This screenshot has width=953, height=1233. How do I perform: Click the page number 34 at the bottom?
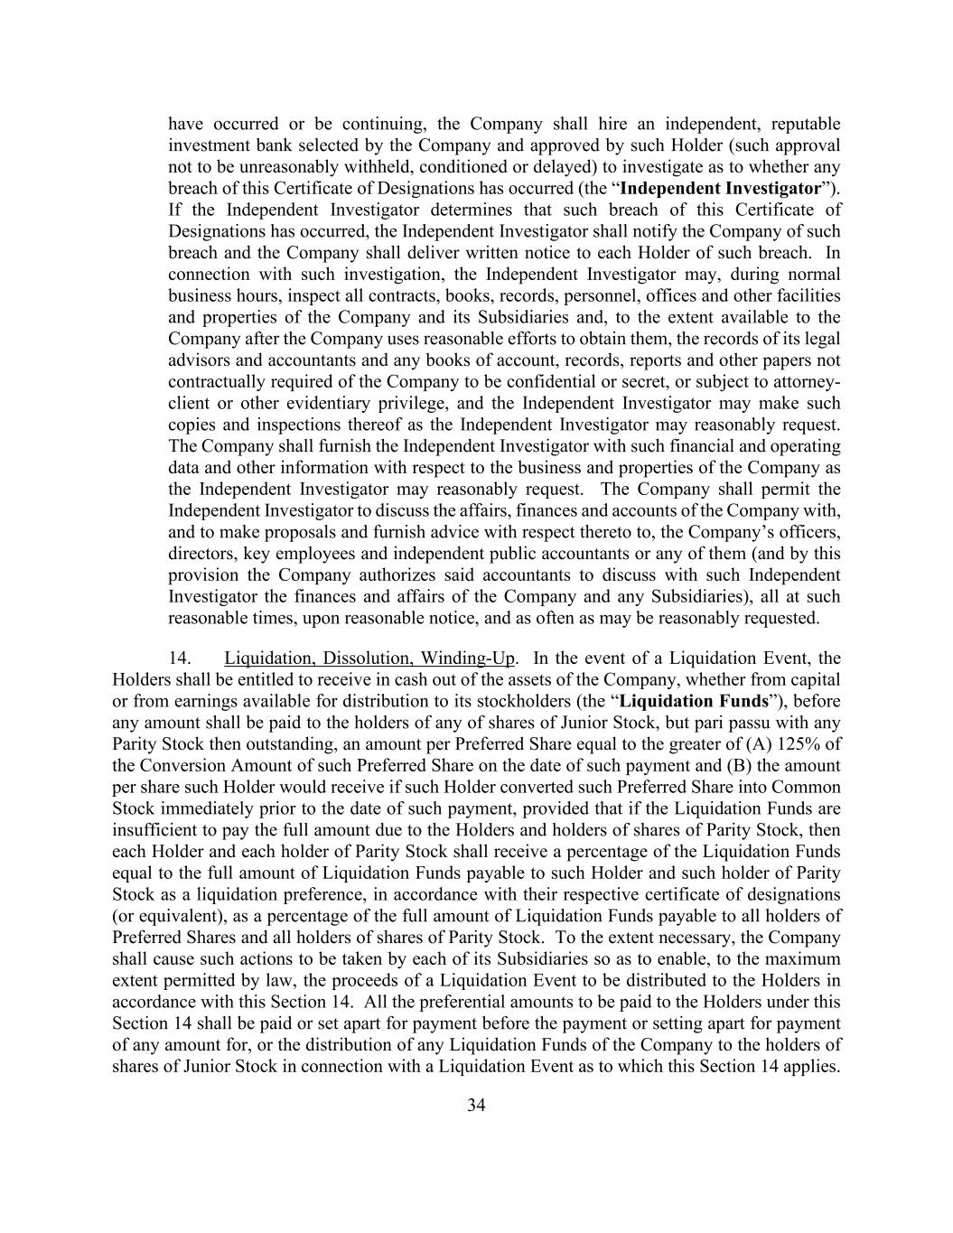point(476,1106)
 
